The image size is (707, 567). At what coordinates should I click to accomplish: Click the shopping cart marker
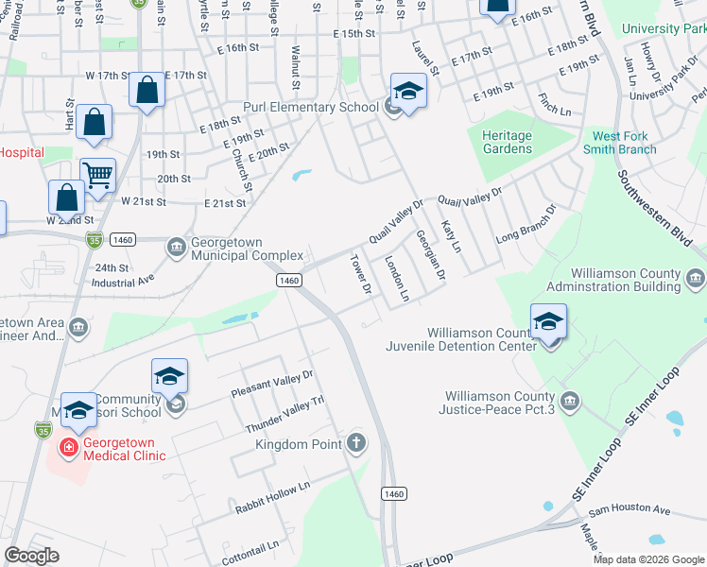coord(97,175)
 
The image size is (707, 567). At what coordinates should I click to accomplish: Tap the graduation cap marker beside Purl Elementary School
coord(408,91)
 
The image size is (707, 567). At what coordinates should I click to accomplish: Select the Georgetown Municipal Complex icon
coord(177,248)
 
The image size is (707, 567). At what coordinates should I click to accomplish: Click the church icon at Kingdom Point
coord(356,442)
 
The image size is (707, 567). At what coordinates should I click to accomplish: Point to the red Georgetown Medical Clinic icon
coord(69,445)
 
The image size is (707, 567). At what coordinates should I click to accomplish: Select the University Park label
coord(664,29)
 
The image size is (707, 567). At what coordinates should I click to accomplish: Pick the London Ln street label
coord(396,279)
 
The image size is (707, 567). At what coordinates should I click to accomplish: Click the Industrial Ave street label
coord(123,282)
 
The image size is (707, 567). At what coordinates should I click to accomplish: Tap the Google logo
coord(31,556)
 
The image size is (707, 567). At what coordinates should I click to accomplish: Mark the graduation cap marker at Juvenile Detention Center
coord(549,321)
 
